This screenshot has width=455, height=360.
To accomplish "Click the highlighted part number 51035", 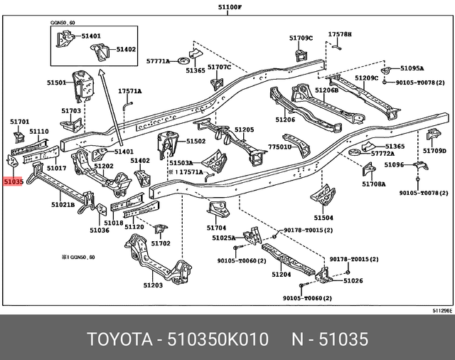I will (x=14, y=182).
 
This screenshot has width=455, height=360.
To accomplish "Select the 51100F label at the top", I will (x=230, y=6).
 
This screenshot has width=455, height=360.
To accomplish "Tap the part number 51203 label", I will (x=153, y=285).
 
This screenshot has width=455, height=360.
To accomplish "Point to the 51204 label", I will (x=282, y=274).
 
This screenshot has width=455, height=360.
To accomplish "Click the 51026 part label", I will (x=353, y=281).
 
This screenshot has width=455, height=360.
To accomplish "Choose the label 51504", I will (x=323, y=218).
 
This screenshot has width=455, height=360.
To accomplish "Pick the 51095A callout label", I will (x=412, y=68).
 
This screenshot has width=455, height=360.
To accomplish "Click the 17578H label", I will (x=340, y=34).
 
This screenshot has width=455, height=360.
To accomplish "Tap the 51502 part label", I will (x=196, y=142).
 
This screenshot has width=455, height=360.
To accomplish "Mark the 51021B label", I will (x=63, y=205).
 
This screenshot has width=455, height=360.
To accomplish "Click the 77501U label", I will (x=279, y=147).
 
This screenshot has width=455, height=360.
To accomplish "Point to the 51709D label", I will (x=434, y=151).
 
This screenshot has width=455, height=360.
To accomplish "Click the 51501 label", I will (x=57, y=83).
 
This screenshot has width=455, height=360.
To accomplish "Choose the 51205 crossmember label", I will (x=244, y=129).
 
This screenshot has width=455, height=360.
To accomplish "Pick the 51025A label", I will (x=223, y=238).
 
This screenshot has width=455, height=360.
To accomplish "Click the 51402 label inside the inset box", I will (x=127, y=49).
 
